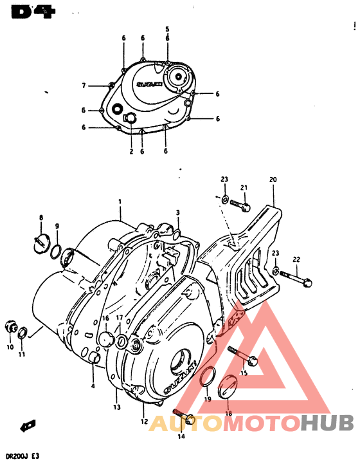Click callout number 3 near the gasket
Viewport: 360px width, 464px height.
[x=178, y=212]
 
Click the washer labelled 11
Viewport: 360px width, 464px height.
[x=23, y=333]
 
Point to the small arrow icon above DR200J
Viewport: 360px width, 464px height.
[x=28, y=425]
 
